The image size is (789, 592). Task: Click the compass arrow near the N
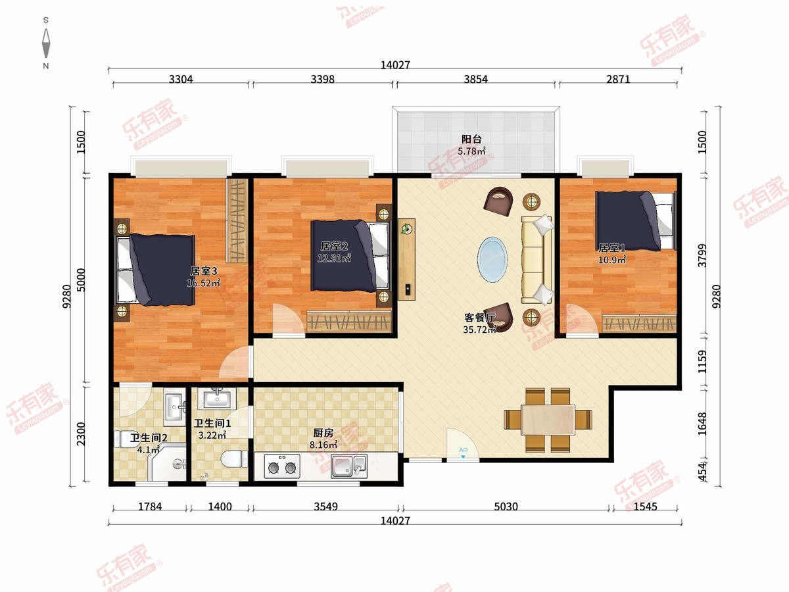click(46, 43)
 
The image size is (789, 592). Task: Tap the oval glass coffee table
click(492, 259)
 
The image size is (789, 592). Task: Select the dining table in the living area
click(548, 420)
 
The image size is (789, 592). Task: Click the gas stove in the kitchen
click(282, 466)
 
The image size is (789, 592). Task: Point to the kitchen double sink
click(349, 466)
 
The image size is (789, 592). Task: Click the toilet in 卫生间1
click(234, 459)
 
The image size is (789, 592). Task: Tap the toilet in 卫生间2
click(122, 439)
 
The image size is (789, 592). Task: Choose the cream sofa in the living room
click(537, 260)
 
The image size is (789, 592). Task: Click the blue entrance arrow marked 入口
click(464, 457)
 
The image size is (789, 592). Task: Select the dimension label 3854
click(475, 79)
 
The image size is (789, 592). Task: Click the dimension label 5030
click(506, 506)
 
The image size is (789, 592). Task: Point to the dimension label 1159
click(702, 362)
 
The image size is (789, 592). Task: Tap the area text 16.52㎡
click(203, 283)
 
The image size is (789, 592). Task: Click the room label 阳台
click(471, 139)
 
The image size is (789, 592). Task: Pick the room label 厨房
click(323, 433)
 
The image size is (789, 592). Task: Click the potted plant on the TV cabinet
click(406, 229)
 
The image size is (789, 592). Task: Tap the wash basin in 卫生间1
click(217, 398)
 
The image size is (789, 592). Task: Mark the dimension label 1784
click(150, 506)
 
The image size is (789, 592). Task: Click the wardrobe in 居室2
click(348, 321)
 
